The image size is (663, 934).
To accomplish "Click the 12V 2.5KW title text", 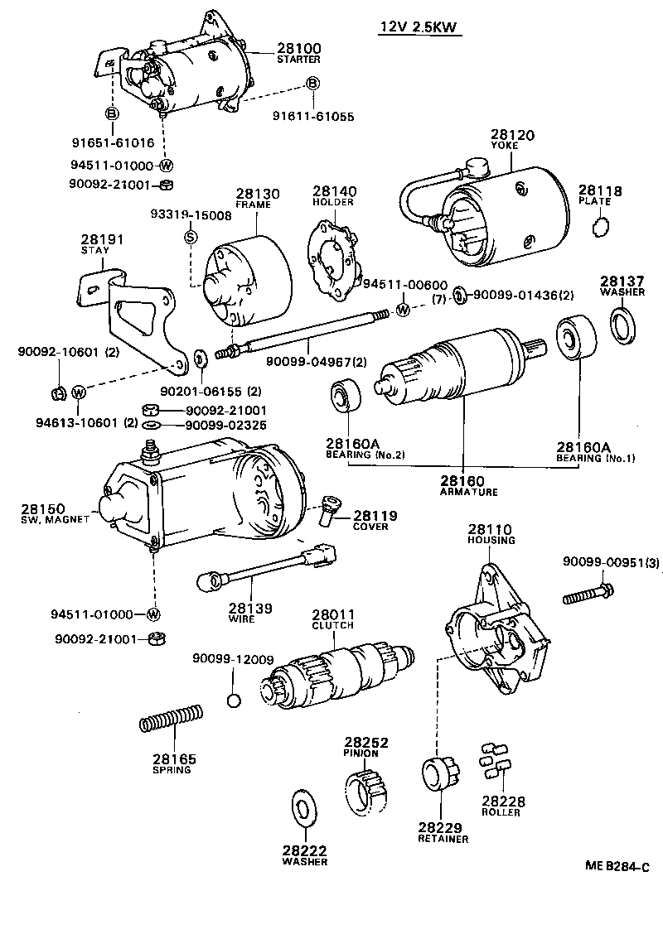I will (419, 26).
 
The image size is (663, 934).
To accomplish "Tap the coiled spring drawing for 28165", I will (171, 718).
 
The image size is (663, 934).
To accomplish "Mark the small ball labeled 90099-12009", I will (235, 700).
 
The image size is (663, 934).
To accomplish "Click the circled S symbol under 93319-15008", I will (190, 238).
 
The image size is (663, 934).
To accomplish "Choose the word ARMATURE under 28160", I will (468, 491).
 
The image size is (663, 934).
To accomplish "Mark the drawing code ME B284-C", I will (614, 866).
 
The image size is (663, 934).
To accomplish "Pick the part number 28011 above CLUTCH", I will (333, 615).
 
